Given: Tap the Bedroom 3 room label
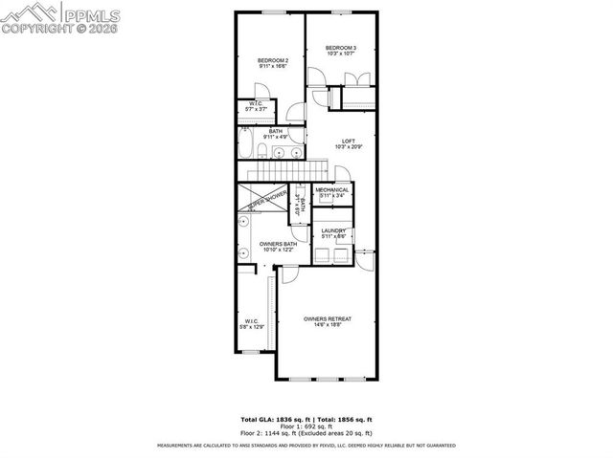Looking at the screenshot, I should click(340, 48).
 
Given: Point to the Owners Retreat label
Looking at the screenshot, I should click(328, 318).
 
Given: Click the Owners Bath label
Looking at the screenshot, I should click(278, 244).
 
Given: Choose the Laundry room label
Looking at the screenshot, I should click(333, 230).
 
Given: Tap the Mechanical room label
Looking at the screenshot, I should click(332, 189).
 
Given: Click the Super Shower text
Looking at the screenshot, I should click(267, 201).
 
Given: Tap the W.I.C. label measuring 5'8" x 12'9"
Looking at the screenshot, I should click(250, 321).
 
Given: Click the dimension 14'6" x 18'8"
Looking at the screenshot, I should click(328, 325).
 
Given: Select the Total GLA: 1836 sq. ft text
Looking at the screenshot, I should click(272, 420).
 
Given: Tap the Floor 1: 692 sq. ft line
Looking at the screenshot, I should click(306, 426).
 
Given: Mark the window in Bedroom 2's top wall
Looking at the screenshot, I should click(272, 11).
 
